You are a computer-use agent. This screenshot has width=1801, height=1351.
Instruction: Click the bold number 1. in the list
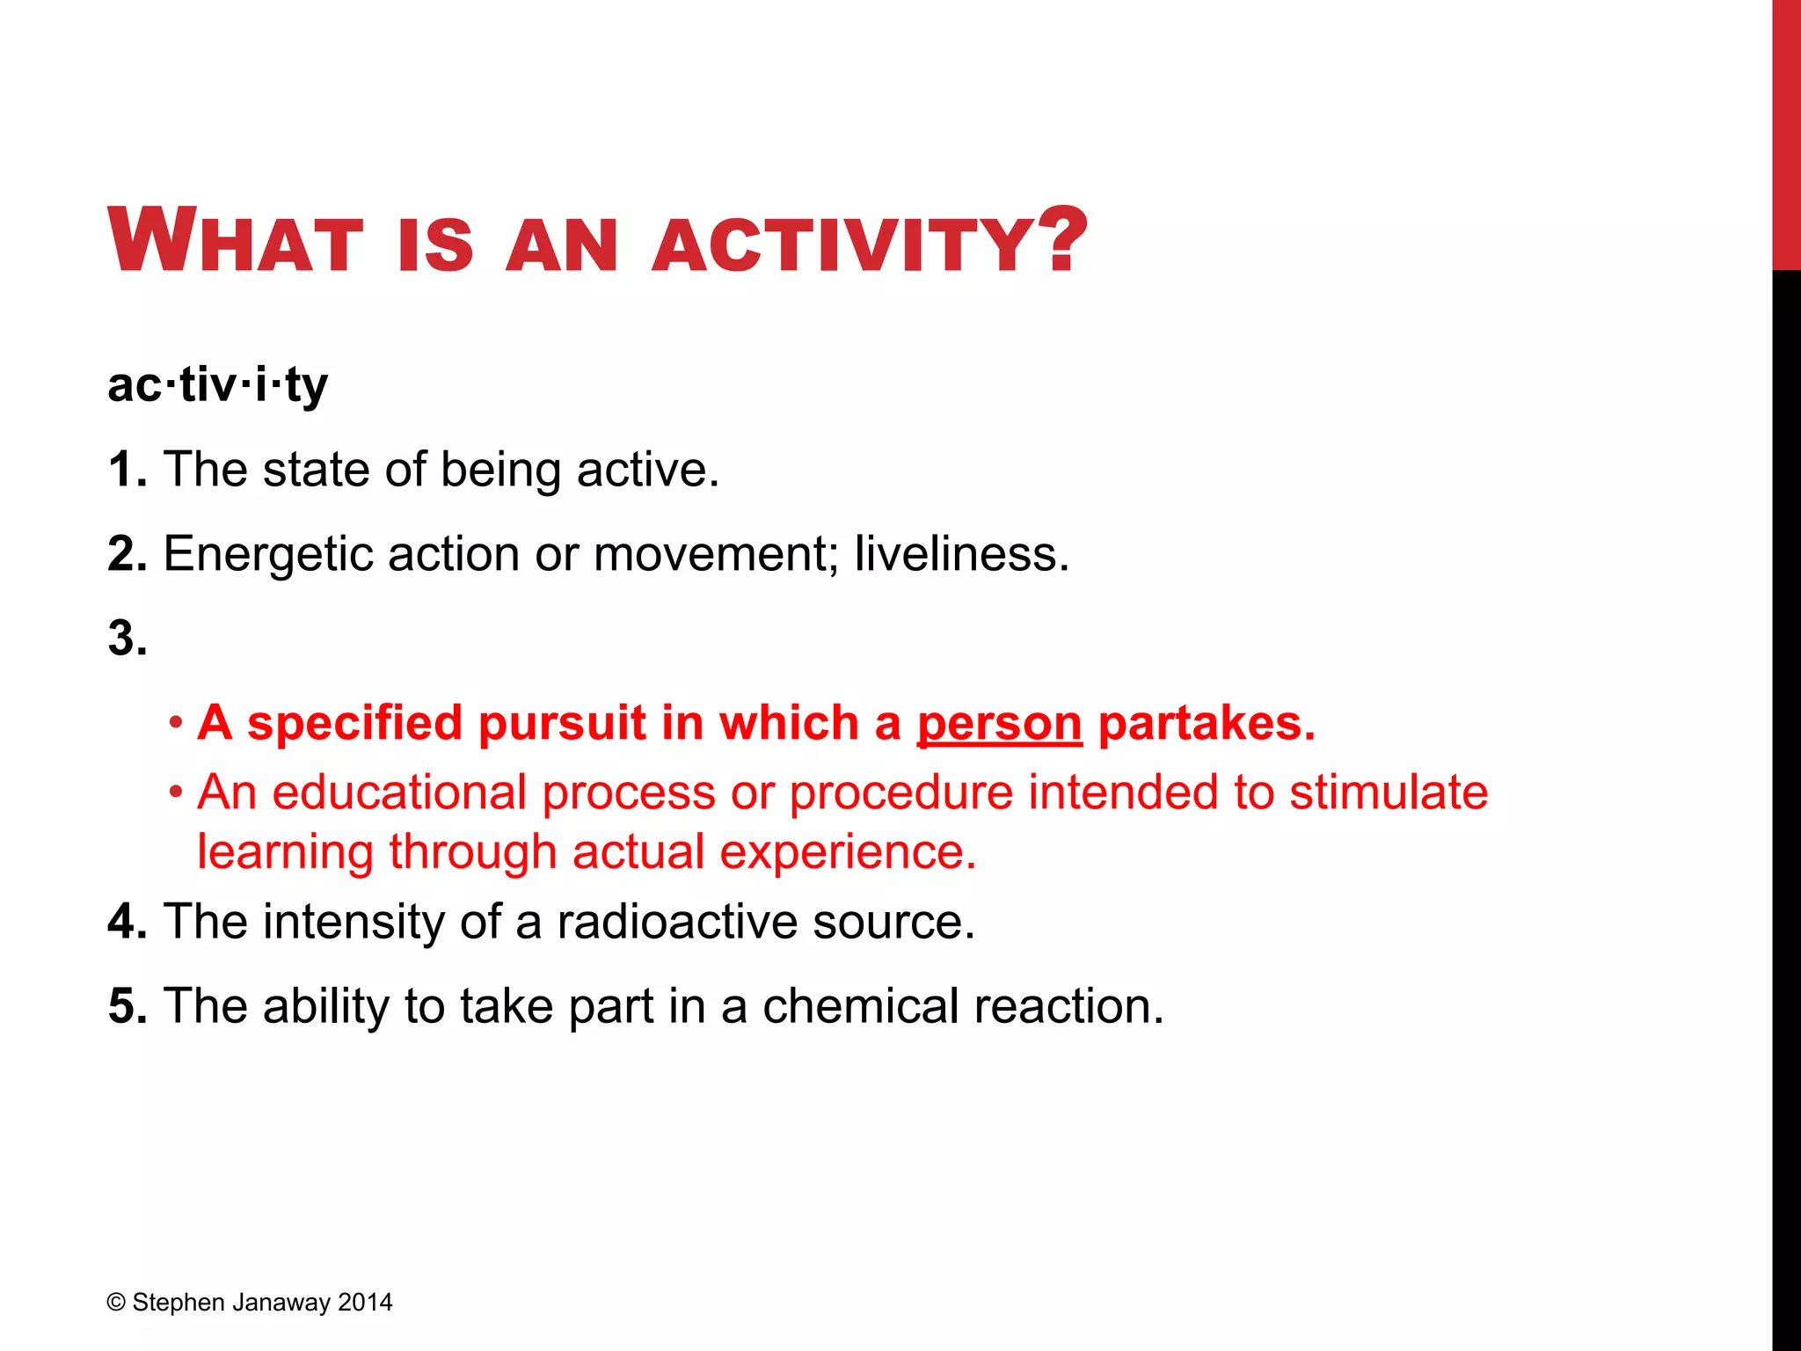(x=128, y=469)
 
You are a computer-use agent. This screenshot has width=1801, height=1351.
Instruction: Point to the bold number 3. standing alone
(x=128, y=638)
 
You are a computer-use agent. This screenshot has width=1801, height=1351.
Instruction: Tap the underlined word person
(x=999, y=725)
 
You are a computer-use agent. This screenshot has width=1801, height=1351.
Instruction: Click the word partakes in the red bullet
(x=1206, y=723)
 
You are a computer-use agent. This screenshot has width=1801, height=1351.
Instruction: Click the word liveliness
(x=961, y=554)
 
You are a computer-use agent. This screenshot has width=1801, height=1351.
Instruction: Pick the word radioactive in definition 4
(x=676, y=922)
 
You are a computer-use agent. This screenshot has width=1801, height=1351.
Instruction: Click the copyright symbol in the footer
(x=116, y=1303)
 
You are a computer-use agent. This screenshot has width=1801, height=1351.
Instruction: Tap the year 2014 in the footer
(x=365, y=1303)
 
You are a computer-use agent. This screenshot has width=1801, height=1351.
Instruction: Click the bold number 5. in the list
(x=128, y=1006)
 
